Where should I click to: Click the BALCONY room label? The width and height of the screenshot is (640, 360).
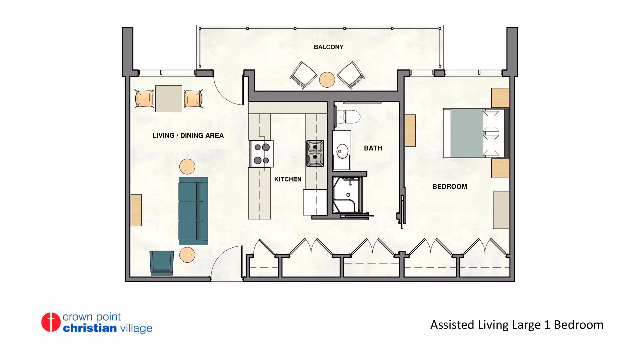coord(328,47)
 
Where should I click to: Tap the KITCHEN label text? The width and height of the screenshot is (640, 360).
coord(288,179)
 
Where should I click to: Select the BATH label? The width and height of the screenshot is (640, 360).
coord(373,148)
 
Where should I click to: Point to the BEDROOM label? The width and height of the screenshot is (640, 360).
coord(450,187)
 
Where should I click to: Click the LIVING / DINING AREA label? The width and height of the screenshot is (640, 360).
coord(188,136)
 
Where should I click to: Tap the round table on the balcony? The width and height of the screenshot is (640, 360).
coord(327,80)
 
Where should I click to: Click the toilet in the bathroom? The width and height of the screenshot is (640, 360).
coord(348,117)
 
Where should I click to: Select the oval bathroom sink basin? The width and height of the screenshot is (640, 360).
coord(342,151)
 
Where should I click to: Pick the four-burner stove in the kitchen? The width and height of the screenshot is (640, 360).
coord(262,154)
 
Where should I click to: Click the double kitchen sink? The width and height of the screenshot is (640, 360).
coord(315,153)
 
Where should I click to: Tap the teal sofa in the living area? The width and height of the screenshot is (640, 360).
coord(193,211)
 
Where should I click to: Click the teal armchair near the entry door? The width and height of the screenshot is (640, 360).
coord(162,263)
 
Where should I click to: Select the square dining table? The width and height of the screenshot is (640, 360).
coord(169,99)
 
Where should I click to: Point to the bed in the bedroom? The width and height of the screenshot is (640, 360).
coord(476,133)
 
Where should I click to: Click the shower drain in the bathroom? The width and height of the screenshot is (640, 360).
coord(348,195)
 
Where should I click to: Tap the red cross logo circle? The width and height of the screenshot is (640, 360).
coord(51,322)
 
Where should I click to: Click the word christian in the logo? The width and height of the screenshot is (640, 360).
coord(90,328)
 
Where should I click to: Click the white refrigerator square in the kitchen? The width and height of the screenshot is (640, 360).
coord(315,202)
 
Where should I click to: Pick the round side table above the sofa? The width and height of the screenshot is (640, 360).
coord(187,166)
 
